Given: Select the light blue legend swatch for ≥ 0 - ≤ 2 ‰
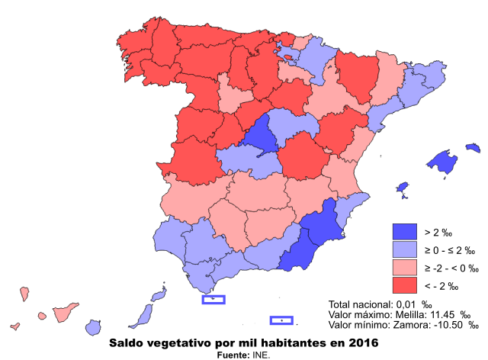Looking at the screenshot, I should point(405,250).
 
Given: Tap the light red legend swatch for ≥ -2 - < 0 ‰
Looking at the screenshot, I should point(405,268).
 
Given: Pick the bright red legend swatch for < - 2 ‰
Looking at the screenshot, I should point(405,286).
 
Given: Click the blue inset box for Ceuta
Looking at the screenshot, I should point(213,299).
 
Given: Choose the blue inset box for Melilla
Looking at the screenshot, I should point(282,320).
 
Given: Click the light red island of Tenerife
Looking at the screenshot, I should point(64,313).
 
